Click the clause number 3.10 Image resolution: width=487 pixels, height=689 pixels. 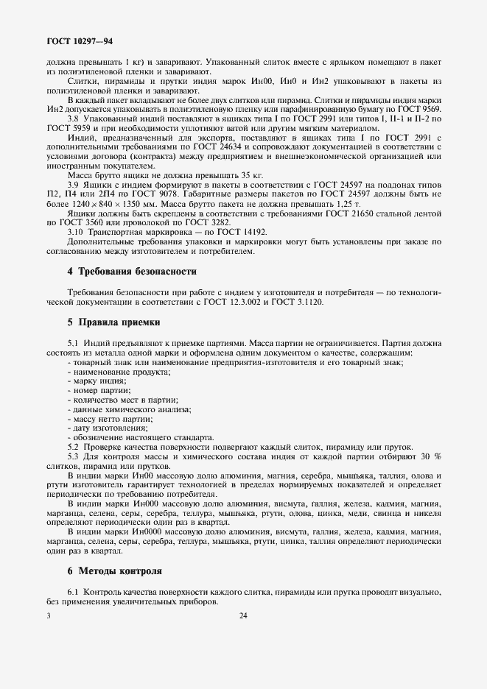click(x=78, y=232)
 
